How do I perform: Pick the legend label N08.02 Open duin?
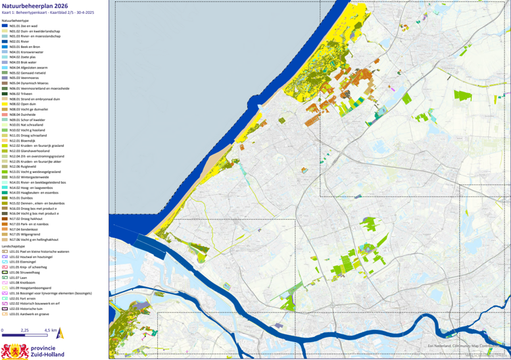[24, 103]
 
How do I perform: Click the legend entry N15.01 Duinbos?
[23, 197]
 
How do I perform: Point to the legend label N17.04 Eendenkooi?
[25, 228]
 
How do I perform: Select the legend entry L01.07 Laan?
[20, 277]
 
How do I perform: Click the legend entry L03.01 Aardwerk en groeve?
[30, 313]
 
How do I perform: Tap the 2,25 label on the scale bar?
[24, 330]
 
